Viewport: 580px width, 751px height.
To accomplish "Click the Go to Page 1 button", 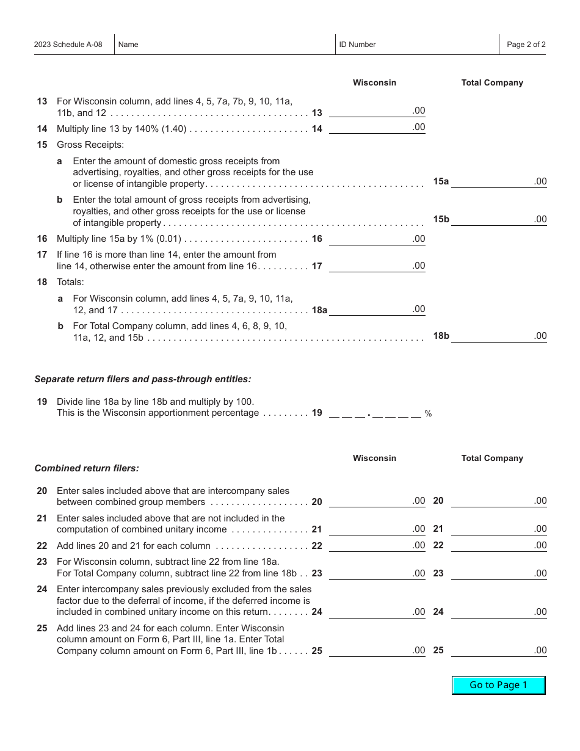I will click(498, 685).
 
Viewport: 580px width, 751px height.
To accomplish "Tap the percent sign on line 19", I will click(428, 414).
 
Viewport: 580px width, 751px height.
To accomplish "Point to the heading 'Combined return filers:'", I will click(87, 468).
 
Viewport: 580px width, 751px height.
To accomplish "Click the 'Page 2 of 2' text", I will click(526, 45).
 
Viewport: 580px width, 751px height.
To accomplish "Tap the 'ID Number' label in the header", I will click(357, 45).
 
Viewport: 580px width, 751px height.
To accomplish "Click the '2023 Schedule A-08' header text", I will click(68, 45).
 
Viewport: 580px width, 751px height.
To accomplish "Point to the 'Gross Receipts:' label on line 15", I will click(90, 145).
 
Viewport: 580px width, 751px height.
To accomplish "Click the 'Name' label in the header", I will click(128, 45).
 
